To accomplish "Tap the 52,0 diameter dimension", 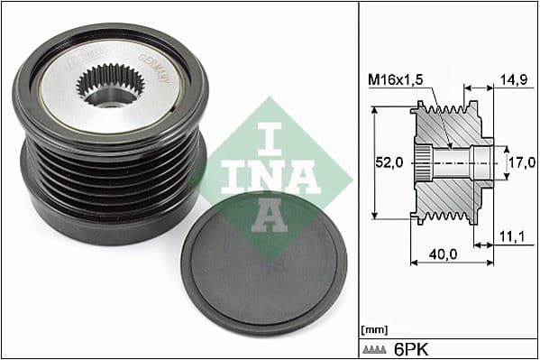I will point(389,162).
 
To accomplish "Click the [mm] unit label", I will point(372,329).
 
